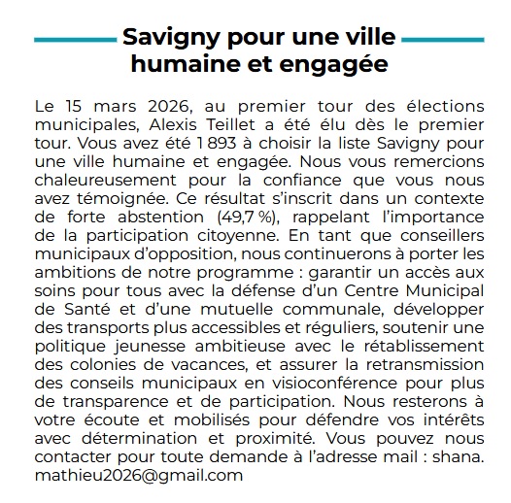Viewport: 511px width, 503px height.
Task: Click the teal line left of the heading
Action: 73,39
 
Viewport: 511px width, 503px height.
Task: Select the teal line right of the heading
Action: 442,39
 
